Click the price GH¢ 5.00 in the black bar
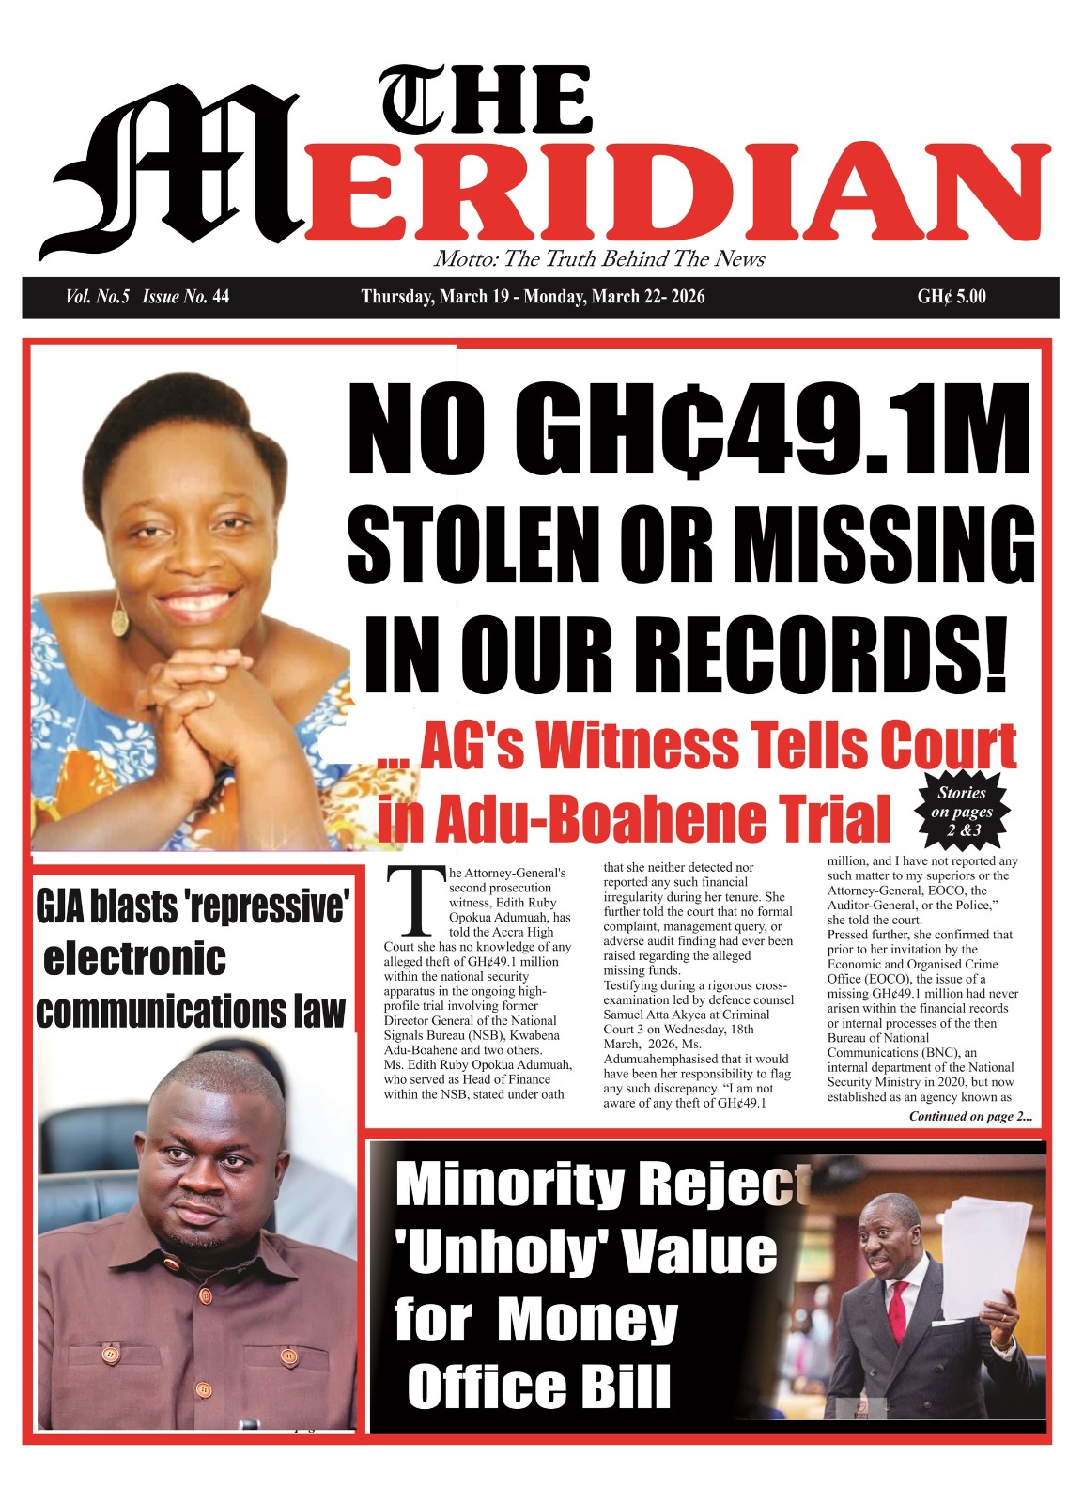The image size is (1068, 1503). (951, 297)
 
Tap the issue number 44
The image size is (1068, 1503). (221, 297)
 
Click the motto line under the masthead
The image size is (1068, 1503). (599, 259)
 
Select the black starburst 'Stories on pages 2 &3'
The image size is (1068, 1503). (962, 810)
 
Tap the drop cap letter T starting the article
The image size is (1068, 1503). (413, 900)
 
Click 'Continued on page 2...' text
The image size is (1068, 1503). (969, 1116)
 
